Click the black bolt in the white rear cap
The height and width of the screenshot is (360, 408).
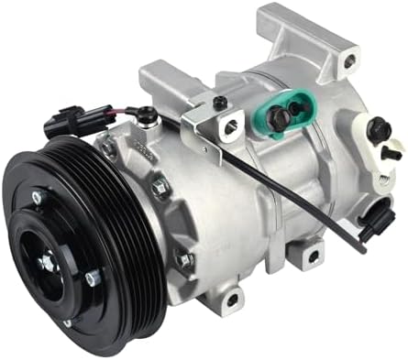379,131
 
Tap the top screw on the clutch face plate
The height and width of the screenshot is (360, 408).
36,196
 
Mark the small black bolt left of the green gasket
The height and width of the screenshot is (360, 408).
220,104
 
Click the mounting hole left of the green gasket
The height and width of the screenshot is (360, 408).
229,125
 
